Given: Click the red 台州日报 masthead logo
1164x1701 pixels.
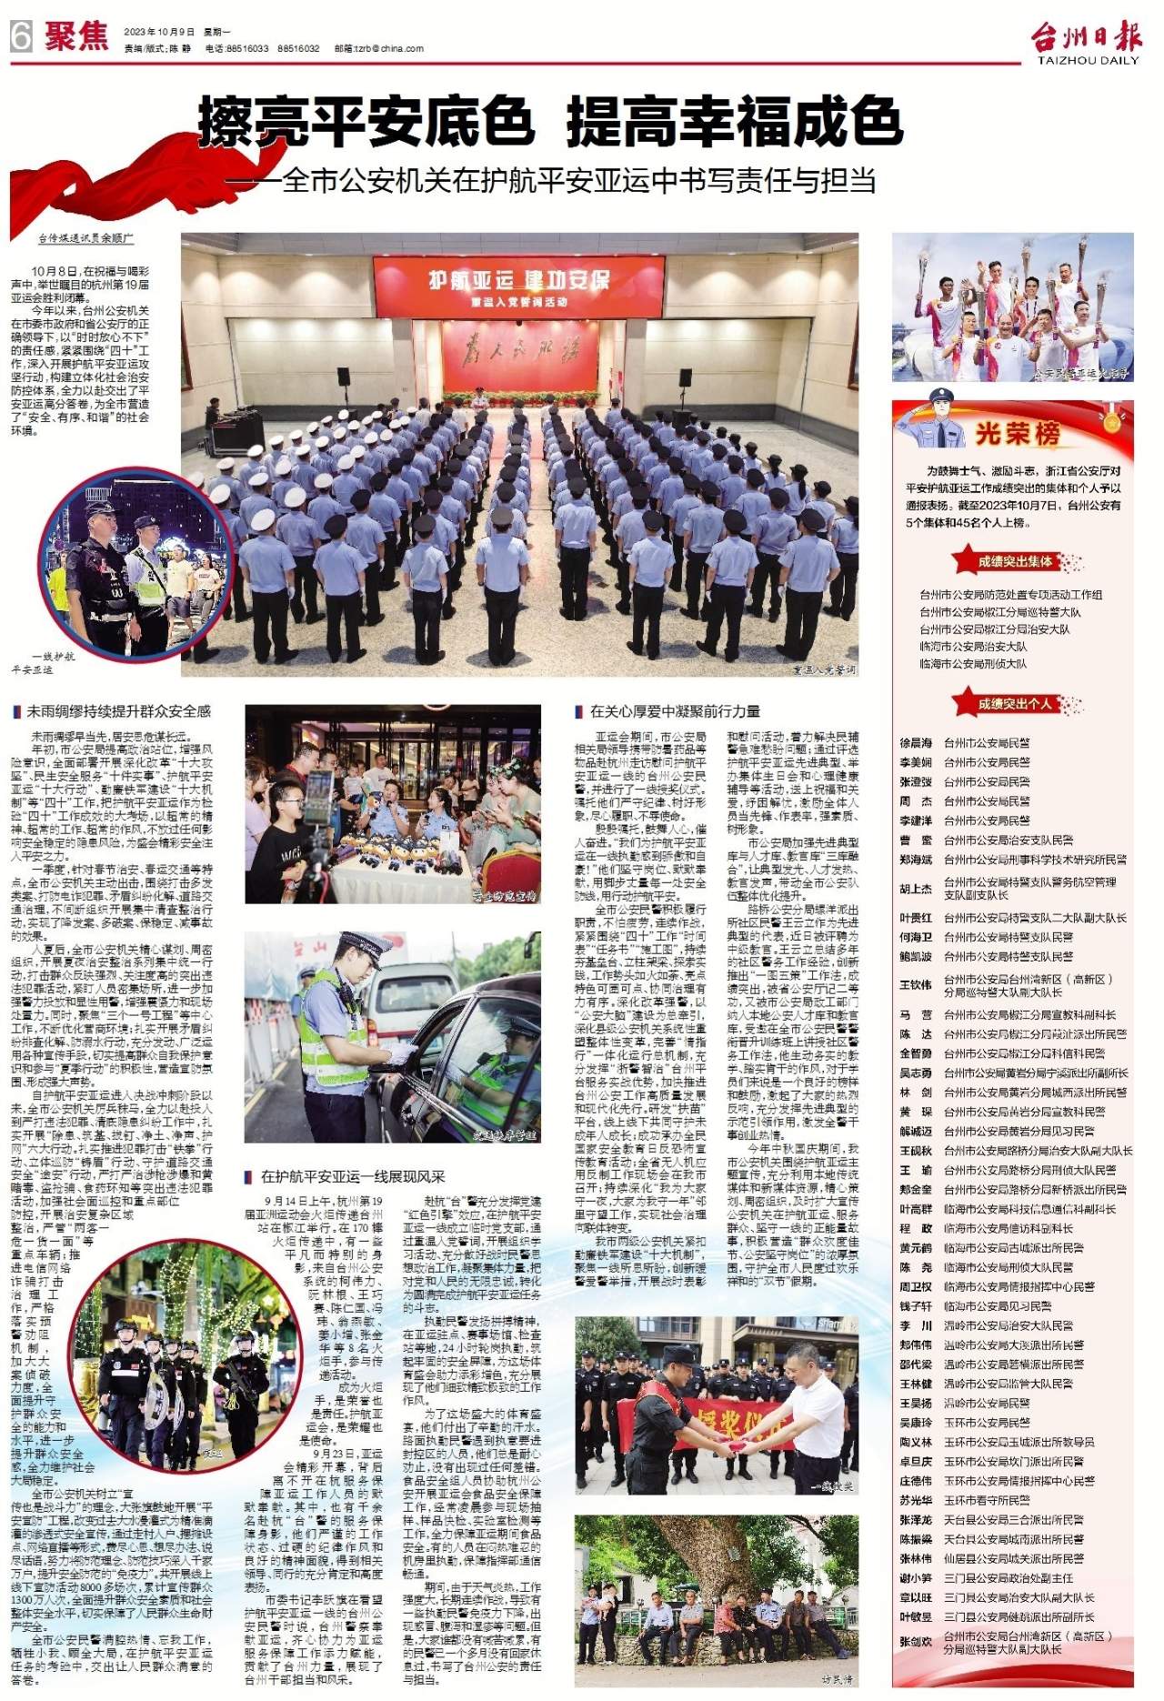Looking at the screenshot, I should coord(1085,37).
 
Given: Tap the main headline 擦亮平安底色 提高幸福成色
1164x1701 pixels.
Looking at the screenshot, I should coord(550,122).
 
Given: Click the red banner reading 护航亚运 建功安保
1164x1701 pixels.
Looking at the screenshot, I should coord(518,279).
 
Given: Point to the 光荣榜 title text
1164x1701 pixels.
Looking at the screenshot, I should coord(1018,434).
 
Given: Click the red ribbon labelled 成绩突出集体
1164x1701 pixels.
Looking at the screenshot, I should coord(1014,561).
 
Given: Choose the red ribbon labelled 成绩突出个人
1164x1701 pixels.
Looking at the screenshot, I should coord(1014,704).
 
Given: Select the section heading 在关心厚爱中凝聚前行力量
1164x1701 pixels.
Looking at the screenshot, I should coord(675,710).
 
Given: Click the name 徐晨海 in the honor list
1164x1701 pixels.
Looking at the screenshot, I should coord(916,743).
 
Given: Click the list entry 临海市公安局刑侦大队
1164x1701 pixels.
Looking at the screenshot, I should coord(973,664).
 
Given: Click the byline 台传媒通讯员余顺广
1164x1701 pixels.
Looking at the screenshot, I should coord(85,238).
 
